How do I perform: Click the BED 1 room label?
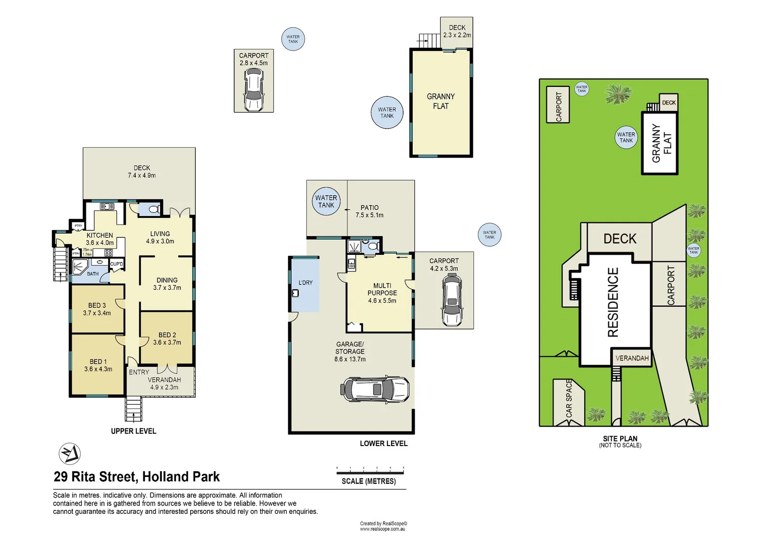click(x=98, y=361)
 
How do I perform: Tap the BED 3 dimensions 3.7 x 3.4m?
click(x=97, y=313)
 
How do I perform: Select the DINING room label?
click(x=167, y=280)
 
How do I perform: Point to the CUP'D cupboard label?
click(x=117, y=264)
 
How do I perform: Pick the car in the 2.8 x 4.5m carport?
click(x=253, y=90)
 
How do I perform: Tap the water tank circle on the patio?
click(x=326, y=201)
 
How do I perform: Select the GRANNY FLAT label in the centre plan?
click(x=440, y=101)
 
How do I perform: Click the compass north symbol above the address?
click(x=70, y=454)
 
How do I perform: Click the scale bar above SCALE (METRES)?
click(x=370, y=472)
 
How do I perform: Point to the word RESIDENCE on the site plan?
click(x=613, y=302)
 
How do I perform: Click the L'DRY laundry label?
click(x=305, y=283)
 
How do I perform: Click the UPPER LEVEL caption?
click(x=133, y=431)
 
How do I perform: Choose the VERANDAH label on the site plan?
click(x=632, y=358)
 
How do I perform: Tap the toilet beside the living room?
click(x=153, y=209)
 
